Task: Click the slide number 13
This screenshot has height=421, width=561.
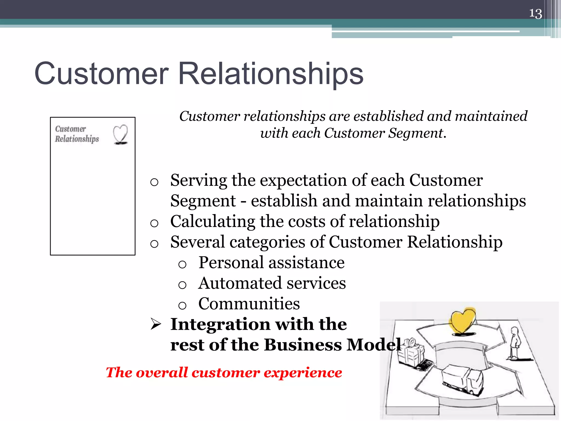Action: click(x=535, y=14)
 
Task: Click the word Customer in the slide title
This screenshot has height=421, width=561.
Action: click(x=101, y=73)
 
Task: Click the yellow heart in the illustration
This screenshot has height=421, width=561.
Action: click(x=463, y=321)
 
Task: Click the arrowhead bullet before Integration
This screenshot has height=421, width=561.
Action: click(x=156, y=324)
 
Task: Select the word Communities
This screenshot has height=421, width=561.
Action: click(x=249, y=304)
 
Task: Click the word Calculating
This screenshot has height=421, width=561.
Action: click(x=213, y=221)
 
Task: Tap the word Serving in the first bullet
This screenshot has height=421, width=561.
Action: click(x=198, y=180)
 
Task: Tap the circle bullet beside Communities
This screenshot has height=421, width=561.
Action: click(x=182, y=305)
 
